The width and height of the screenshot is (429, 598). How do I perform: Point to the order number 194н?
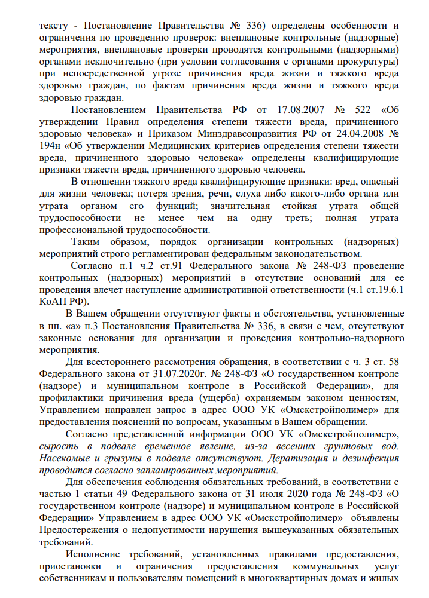(x=50, y=146)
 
